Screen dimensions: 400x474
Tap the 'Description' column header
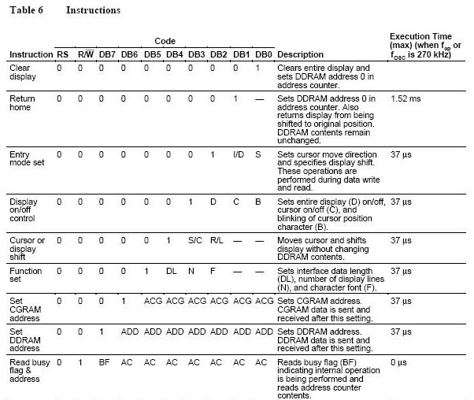click(300, 54)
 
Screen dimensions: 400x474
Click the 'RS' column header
click(61, 54)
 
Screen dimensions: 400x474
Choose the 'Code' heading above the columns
click(165, 41)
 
